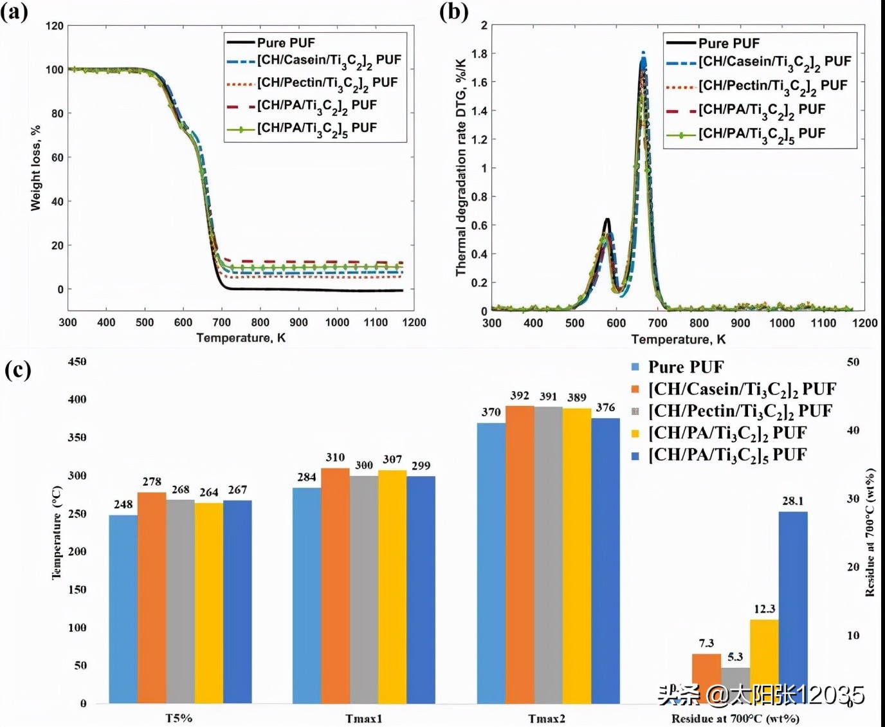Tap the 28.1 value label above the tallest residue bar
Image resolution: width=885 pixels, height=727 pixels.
(x=792, y=501)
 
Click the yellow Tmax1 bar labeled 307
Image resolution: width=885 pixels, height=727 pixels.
(x=392, y=586)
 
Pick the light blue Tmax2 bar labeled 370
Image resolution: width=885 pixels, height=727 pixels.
(x=491, y=562)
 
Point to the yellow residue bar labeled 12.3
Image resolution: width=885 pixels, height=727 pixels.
(x=764, y=661)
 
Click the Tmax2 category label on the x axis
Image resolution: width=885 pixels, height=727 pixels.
(x=547, y=718)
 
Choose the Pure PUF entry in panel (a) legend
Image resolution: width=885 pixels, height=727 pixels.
(x=286, y=42)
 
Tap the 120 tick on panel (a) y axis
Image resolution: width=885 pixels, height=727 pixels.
(x=55, y=26)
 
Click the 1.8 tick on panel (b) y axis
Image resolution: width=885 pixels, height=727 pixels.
(x=479, y=53)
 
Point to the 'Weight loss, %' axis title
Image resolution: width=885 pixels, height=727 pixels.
(x=35, y=167)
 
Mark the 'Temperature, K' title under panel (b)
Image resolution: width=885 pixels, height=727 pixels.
(x=678, y=339)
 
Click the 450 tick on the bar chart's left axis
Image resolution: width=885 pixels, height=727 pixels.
(x=77, y=362)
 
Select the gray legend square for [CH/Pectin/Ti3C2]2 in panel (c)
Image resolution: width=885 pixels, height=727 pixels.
(x=635, y=411)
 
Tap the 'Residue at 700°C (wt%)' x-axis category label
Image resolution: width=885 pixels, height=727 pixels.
(x=735, y=718)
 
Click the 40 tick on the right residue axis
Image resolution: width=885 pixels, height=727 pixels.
(x=853, y=430)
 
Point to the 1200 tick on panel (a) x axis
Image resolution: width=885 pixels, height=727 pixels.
(x=414, y=322)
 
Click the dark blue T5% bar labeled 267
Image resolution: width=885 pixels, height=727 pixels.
(x=237, y=602)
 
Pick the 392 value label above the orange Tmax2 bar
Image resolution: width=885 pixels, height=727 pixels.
(x=520, y=396)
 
